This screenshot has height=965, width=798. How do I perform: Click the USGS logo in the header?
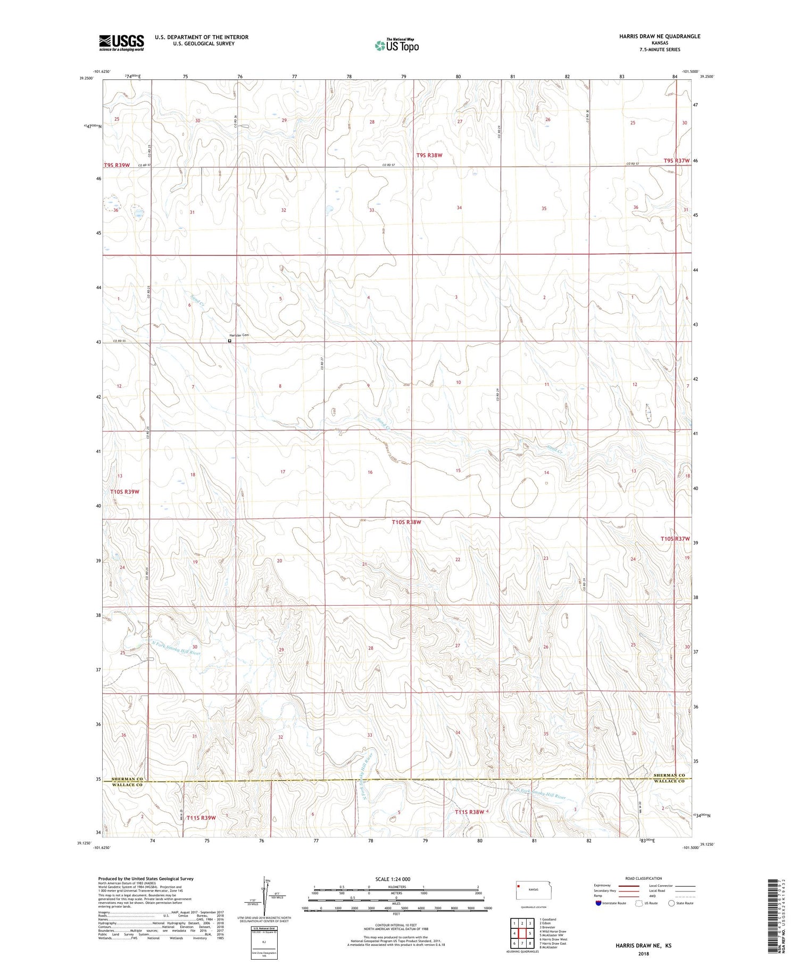tap(121, 43)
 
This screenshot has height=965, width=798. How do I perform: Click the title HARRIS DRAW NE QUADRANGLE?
tap(652, 36)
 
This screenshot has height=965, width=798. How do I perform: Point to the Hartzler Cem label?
tap(239, 335)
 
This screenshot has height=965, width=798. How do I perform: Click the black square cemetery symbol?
tap(230, 341)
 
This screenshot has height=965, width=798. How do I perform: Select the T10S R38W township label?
tap(406, 522)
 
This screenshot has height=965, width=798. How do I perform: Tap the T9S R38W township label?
tap(429, 155)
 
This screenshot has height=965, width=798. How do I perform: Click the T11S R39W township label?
tap(201, 818)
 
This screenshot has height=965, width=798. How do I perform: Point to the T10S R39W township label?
tap(124, 492)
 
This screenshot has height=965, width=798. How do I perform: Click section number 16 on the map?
tap(370, 472)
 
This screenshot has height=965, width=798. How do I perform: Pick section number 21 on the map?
tap(364, 564)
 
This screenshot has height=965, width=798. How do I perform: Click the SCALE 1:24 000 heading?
tap(393, 879)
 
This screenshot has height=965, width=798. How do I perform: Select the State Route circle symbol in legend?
tap(671, 903)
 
